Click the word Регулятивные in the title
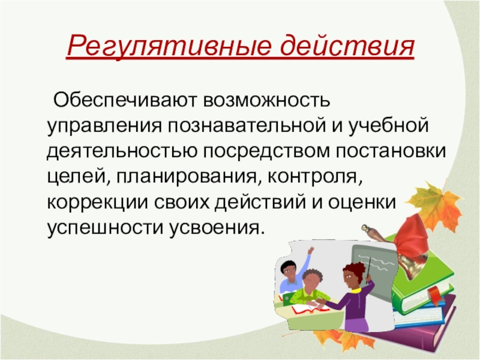[x=169, y=46]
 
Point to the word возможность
[x=266, y=100]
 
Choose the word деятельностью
[x=122, y=152]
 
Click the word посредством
[x=266, y=151]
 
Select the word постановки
[x=391, y=151]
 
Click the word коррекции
[x=98, y=202]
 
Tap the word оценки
[x=362, y=202]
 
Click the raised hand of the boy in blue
[x=310, y=250]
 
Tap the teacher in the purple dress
[x=356, y=297]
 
